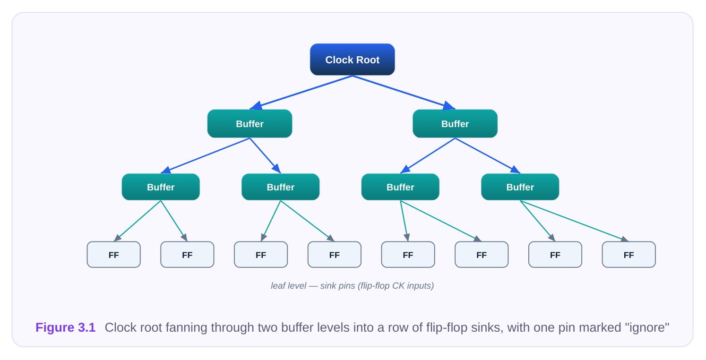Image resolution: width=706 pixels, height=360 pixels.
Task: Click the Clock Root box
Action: (x=353, y=60)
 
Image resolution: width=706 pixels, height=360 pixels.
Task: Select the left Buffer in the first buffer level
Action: (x=250, y=124)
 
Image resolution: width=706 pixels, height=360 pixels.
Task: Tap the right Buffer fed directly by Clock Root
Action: (x=455, y=124)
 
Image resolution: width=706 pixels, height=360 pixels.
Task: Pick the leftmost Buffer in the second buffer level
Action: (x=161, y=187)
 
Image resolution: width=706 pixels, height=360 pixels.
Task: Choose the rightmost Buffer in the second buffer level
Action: (x=520, y=187)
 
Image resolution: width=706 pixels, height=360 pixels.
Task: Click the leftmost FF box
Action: (x=114, y=255)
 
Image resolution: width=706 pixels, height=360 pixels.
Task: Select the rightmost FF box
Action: (x=629, y=255)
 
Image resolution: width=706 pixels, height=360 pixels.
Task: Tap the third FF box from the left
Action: (x=261, y=255)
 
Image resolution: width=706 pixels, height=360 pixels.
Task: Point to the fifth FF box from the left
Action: (x=408, y=255)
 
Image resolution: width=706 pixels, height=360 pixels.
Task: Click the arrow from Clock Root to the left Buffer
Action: (x=301, y=93)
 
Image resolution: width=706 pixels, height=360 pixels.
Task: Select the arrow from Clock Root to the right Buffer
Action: (x=404, y=93)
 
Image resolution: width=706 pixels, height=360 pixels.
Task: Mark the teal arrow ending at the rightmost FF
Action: (x=574, y=221)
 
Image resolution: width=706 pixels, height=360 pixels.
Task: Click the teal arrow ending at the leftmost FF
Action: (x=138, y=221)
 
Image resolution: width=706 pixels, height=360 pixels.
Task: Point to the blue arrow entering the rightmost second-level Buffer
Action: (x=488, y=156)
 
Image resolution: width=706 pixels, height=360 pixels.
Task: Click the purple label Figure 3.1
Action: (x=66, y=327)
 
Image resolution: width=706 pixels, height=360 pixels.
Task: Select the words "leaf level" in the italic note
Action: (x=289, y=286)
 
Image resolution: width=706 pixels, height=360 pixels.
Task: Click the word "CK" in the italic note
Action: (x=398, y=286)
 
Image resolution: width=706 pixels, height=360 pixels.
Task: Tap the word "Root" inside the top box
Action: (x=368, y=60)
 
